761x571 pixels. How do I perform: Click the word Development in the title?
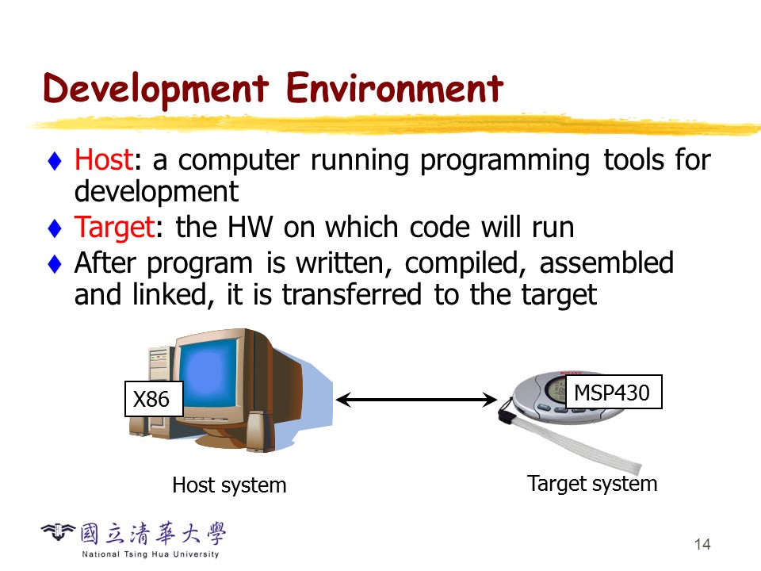156,90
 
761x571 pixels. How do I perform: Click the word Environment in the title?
395,88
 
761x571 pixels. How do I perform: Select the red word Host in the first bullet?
103,159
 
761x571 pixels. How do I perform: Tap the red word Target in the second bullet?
114,228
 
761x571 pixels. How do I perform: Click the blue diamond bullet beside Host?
55,161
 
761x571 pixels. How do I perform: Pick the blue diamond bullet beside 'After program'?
55,264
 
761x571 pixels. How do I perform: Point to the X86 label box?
154,399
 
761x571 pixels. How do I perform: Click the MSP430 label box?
614,392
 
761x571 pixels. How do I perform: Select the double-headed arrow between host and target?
416,400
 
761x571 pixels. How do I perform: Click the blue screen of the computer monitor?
210,373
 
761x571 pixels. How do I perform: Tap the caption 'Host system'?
229,485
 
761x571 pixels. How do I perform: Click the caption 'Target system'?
592,484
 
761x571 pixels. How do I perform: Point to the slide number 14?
702,544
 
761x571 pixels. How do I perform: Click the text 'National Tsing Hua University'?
151,554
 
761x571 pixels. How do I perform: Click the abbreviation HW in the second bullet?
250,228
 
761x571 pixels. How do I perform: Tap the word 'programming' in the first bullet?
505,161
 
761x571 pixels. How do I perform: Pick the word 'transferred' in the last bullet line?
352,295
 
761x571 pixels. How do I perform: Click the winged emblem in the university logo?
58,531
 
